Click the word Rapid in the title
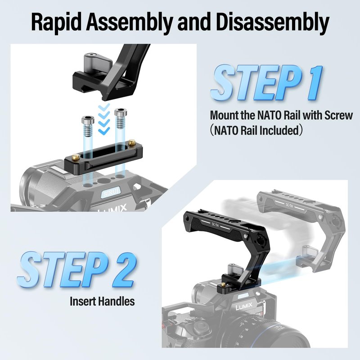(56, 22)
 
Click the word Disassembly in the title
(273, 22)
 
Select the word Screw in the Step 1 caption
(338, 115)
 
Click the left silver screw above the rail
(88, 126)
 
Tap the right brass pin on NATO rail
(131, 142)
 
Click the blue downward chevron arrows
(103, 119)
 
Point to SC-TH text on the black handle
(215, 225)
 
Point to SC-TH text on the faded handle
(289, 206)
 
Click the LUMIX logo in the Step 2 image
(244, 306)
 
